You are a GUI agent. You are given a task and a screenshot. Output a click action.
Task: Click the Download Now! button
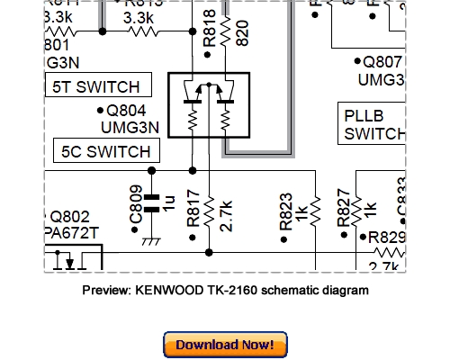(225, 345)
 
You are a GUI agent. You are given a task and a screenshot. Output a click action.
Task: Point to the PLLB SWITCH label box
(373, 124)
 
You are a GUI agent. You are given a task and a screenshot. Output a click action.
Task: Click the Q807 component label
(383, 63)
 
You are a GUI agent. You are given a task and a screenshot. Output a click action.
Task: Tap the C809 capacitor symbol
(151, 202)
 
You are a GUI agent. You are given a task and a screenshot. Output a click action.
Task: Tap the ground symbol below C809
(151, 240)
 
